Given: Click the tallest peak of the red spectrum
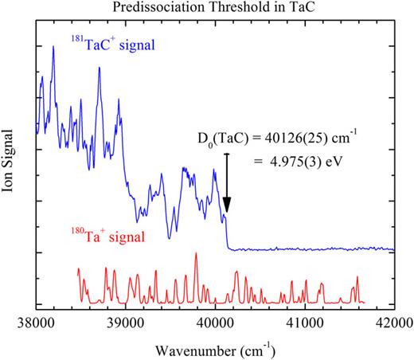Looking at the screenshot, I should click(196, 253).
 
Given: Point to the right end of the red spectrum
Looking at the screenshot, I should click(362, 303).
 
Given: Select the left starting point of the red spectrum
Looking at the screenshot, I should click(78, 269).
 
